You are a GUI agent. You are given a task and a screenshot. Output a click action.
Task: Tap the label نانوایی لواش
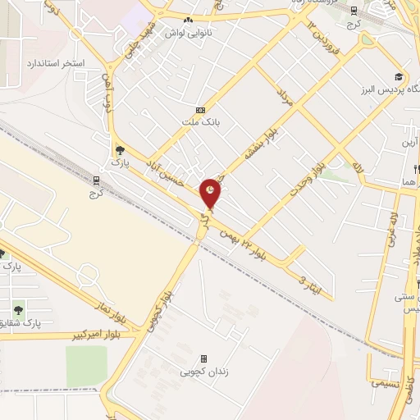pos(189,34)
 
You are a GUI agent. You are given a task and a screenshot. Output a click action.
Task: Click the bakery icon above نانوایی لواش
pos(189,20)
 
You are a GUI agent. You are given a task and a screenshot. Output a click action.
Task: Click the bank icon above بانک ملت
pos(200,109)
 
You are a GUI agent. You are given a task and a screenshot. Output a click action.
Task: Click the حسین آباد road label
pos(162,173)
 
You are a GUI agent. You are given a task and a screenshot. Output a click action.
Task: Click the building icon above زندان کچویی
pos(203,358)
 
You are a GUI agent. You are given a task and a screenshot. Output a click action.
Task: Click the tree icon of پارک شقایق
pos(17,309)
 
